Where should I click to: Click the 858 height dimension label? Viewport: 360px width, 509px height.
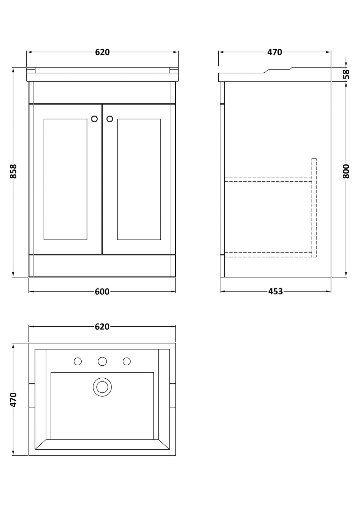13,171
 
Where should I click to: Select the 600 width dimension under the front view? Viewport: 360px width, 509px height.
102,292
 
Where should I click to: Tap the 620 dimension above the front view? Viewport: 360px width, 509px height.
102,52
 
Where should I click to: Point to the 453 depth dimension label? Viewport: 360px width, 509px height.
275,291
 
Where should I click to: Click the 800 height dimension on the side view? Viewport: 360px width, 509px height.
346,171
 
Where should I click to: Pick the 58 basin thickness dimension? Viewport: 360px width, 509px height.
346,74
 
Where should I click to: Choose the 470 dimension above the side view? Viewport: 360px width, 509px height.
275,52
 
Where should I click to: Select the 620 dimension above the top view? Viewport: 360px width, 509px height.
102,327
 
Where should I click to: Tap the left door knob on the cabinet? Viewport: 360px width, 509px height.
94,119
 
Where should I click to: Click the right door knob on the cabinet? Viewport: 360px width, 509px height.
110,119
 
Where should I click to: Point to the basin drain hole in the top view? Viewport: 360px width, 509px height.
102,387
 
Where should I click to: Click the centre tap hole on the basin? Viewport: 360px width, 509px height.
102,361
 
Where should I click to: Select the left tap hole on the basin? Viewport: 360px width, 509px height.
78,361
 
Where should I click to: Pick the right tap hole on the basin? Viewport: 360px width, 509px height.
127,361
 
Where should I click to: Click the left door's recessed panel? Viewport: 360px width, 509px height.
65,179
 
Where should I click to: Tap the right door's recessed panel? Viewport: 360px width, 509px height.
139,179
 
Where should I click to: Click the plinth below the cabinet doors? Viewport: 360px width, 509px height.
102,266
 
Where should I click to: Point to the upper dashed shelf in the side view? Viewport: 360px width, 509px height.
268,179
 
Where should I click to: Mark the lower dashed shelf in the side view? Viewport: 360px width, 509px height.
268,255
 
